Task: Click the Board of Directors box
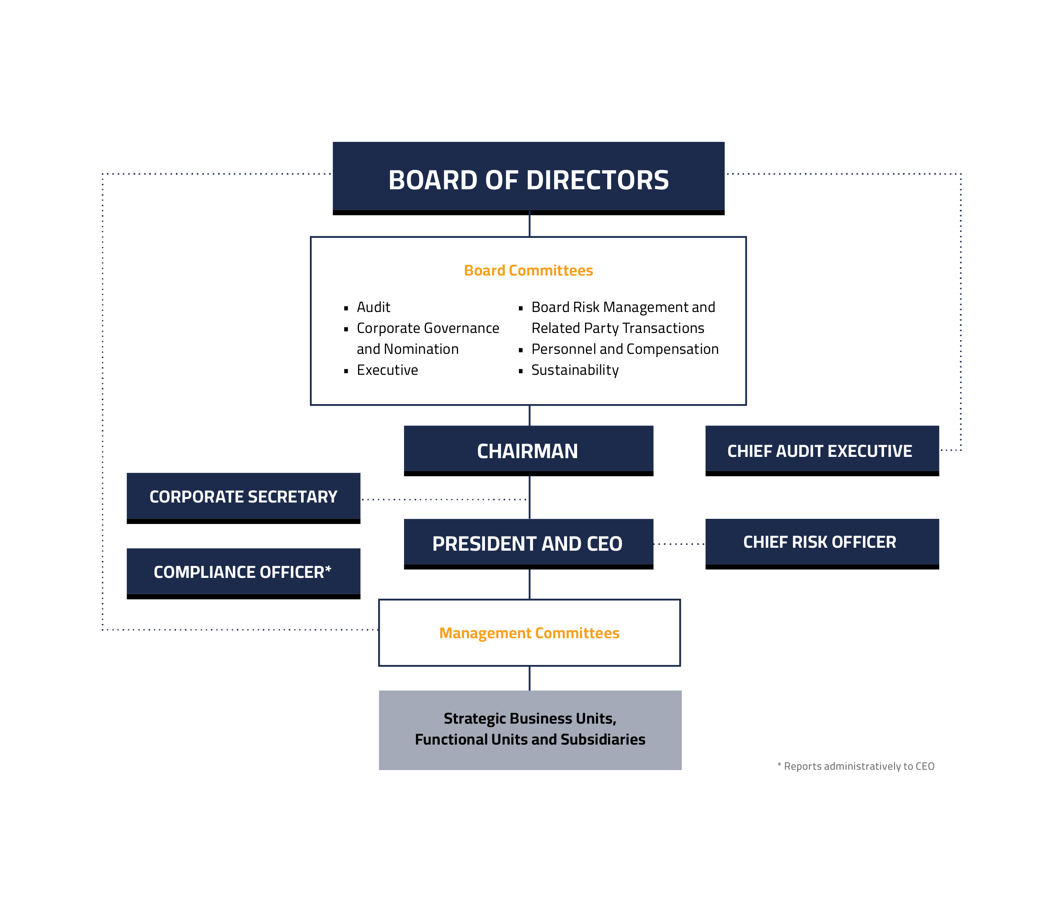[529, 178]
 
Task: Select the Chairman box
[529, 451]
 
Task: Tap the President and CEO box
[529, 544]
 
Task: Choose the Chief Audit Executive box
[822, 451]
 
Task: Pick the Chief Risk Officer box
[822, 544]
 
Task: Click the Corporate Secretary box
[243, 498]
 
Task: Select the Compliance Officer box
[243, 573]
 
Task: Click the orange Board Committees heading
[529, 271]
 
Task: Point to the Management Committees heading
[529, 633]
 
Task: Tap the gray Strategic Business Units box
[530, 730]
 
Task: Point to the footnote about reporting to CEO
[856, 766]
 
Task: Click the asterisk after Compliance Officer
[328, 568]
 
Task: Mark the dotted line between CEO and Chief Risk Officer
[680, 544]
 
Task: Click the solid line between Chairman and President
[530, 497]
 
